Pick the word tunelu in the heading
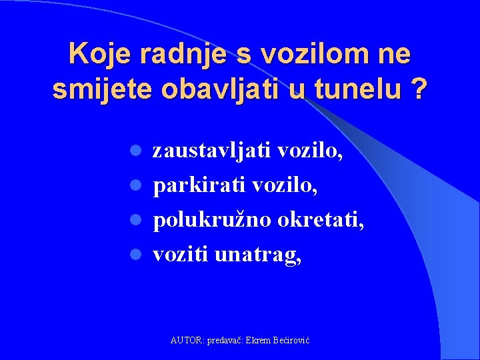(353, 90)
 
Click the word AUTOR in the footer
(187, 341)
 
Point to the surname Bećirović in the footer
(290, 341)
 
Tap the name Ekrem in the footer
(257, 341)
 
